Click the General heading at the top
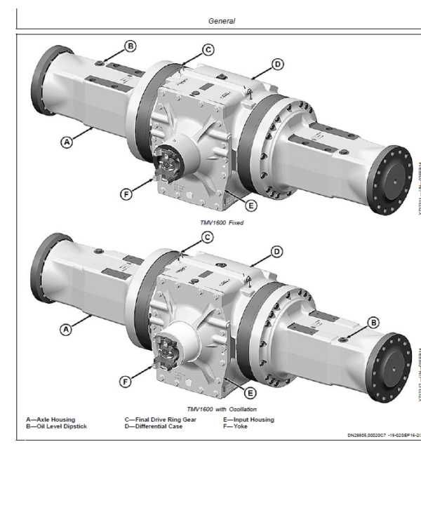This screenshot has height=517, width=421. (x=222, y=21)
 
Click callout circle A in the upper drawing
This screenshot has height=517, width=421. (x=67, y=142)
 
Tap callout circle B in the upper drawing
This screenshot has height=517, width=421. (x=131, y=46)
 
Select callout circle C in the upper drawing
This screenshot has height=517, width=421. (x=208, y=50)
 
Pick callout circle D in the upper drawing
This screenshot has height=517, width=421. (x=277, y=65)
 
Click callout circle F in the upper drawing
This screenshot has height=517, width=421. (x=126, y=195)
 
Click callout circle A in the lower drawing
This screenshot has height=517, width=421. (x=67, y=328)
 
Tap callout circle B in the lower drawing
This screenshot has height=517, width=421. (x=373, y=322)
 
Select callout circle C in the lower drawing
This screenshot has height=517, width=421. (x=208, y=237)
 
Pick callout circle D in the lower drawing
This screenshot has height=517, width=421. (x=277, y=251)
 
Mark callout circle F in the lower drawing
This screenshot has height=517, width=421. (x=126, y=382)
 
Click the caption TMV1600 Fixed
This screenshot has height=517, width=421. (x=221, y=222)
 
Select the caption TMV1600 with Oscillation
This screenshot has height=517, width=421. (x=222, y=409)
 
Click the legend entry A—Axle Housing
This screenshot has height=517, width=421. (x=51, y=419)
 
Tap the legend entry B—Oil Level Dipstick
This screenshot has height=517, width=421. (x=56, y=426)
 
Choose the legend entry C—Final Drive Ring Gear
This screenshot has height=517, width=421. (x=161, y=419)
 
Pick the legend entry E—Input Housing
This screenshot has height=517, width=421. (x=249, y=419)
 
